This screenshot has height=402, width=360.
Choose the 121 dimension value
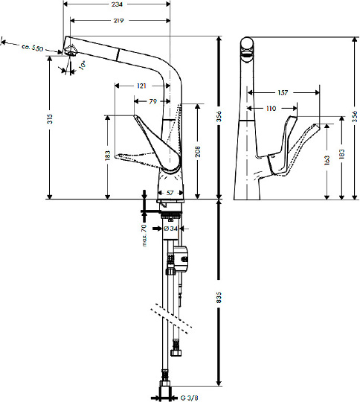pos(141,86)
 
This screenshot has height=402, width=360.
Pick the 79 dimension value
pos(152,101)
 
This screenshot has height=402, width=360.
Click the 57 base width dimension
pos(170,194)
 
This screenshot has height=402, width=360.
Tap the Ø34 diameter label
pos(170,229)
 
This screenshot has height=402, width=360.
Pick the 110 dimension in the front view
pos(269,109)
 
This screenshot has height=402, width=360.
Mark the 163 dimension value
pos(327,159)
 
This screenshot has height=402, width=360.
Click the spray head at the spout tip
pos(71,51)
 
